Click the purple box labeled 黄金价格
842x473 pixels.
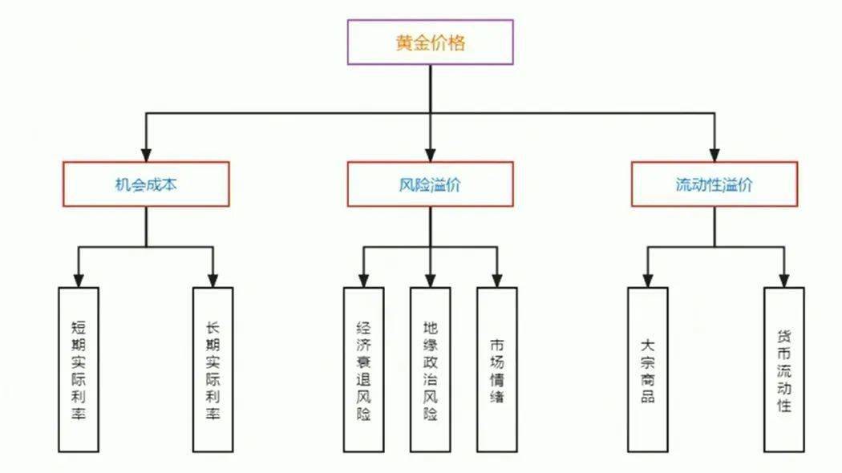(430, 42)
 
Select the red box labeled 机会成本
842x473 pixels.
(146, 184)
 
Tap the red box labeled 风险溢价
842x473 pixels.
(430, 184)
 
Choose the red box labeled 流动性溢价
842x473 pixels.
(714, 184)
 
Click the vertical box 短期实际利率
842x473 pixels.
(79, 370)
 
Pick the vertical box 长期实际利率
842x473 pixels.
(213, 370)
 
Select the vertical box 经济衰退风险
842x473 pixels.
(362, 370)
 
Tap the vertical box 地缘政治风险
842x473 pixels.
(430, 370)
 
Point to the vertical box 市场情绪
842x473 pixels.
(497, 370)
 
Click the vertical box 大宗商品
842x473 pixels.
(647, 370)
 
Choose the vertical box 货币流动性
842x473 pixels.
(783, 370)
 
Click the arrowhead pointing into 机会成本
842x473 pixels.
(146, 155)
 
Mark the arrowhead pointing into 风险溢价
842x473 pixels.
(430, 155)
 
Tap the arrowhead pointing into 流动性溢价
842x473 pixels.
(714, 155)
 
